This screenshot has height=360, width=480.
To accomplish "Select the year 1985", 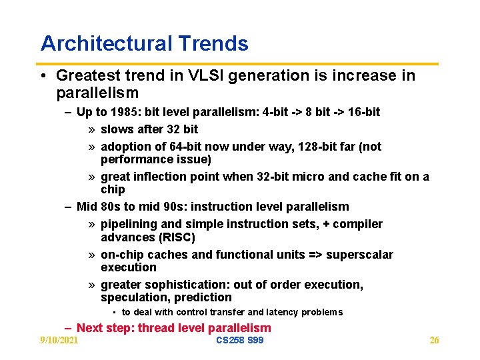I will pyautogui.click(x=125, y=112).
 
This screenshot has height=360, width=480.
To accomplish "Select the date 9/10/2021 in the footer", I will pyautogui.click(x=59, y=341).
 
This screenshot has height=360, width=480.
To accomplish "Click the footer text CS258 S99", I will pyautogui.click(x=240, y=341).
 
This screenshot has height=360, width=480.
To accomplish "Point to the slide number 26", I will pyautogui.click(x=434, y=341).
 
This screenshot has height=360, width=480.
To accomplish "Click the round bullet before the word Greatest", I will pyautogui.click(x=45, y=76).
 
